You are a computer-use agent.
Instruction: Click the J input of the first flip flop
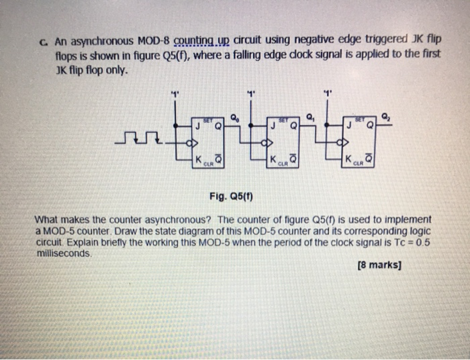point(198,125)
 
